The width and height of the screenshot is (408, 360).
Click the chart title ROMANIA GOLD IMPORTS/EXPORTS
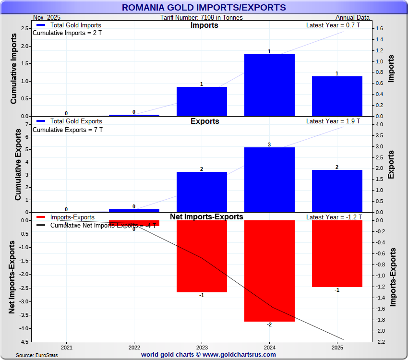point(204,8)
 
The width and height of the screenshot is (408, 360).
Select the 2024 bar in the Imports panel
point(269,85)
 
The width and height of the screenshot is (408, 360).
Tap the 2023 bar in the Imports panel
point(202,101)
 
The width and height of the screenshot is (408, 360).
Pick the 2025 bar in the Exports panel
point(337,191)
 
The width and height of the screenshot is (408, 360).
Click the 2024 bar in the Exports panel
point(269,180)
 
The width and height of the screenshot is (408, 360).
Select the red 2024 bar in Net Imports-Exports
point(269,271)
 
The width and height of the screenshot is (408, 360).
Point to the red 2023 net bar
point(202,256)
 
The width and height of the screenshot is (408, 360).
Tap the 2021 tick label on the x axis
point(67,347)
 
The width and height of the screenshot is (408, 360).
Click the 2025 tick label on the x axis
point(337,347)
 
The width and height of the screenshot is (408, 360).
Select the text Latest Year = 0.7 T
point(333,25)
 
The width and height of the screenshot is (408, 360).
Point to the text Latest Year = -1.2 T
point(333,217)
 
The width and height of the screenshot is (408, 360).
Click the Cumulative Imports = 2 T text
point(67,33)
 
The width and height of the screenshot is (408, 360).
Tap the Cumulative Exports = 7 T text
point(67,130)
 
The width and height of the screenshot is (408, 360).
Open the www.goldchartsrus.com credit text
point(208,355)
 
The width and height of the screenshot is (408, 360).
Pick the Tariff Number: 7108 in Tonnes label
point(202,18)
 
